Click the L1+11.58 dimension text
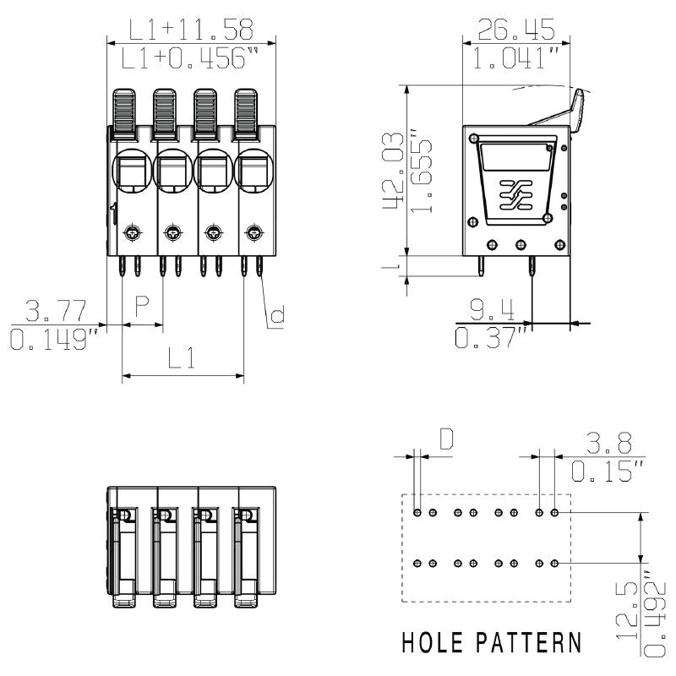coord(191,30)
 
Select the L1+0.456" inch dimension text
coord(191,59)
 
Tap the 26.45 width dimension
coord(516,30)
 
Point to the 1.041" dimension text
coord(516,59)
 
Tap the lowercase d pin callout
coord(276,317)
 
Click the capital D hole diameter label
coord(446,438)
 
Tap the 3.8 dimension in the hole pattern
coord(607,442)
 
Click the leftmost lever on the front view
coord(126,113)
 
